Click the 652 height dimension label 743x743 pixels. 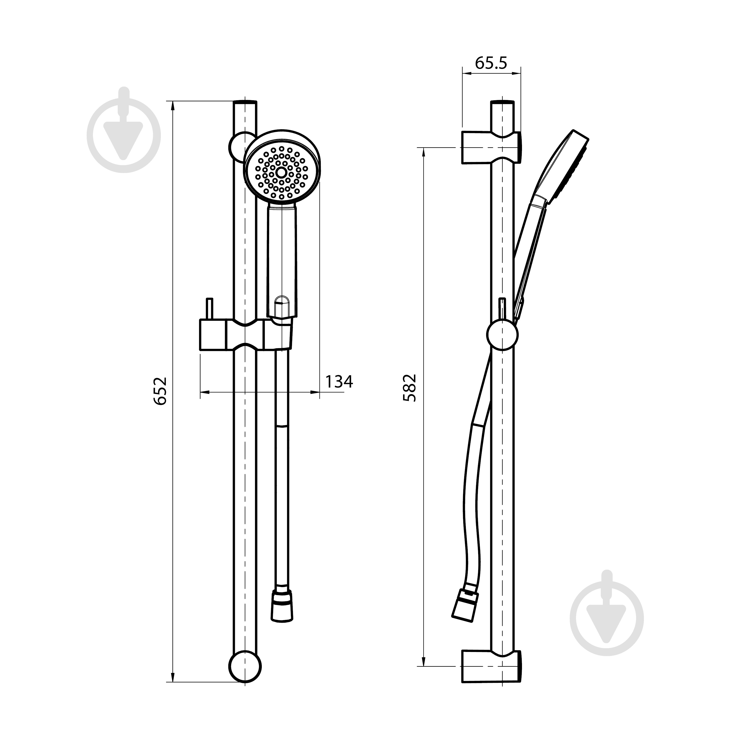(160, 390)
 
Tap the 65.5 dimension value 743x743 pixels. (491, 63)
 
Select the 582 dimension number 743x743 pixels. (409, 388)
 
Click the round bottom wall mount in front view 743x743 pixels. (245, 667)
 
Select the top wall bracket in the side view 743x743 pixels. (492, 147)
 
